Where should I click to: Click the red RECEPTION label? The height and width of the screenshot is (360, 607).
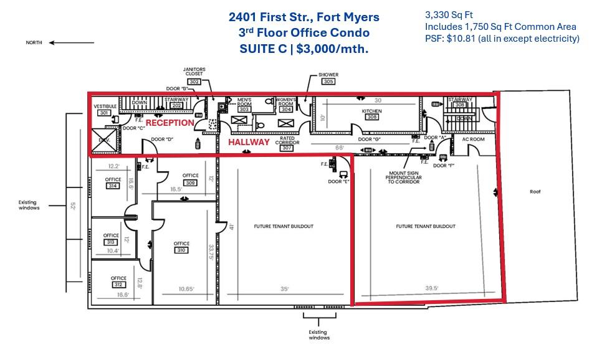click(x=170, y=123)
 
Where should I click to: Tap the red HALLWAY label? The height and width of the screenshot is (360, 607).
click(x=248, y=143)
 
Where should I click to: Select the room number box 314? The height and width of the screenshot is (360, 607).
click(x=113, y=186)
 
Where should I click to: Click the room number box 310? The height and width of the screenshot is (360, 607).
click(x=181, y=250)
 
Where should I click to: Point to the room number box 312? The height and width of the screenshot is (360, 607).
click(x=118, y=285)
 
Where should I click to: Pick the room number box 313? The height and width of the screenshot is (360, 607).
click(x=111, y=242)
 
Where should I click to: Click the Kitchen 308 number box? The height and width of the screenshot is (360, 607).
click(x=372, y=117)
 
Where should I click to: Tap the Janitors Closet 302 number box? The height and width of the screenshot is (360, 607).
click(x=194, y=82)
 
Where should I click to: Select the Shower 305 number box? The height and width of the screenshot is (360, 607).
click(x=328, y=82)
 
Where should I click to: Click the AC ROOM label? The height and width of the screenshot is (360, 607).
click(x=472, y=139)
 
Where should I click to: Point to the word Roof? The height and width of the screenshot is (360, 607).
click(x=535, y=192)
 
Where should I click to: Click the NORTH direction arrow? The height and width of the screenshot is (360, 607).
click(x=72, y=43)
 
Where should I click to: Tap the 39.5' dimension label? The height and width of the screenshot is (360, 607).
click(x=433, y=288)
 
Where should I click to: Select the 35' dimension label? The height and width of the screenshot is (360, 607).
click(x=284, y=288)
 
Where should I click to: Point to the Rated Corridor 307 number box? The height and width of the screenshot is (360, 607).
click(x=287, y=148)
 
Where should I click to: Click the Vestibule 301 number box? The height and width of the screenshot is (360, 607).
click(x=103, y=113)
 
